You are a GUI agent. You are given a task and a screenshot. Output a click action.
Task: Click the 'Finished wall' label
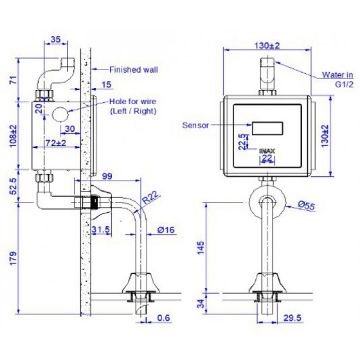[133, 70]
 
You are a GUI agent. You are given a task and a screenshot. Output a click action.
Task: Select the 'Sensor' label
[195, 125]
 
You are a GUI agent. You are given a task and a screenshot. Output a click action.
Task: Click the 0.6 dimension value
[164, 317]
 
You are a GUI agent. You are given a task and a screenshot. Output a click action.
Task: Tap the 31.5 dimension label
[101, 230]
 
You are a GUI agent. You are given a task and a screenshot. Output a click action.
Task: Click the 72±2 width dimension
[56, 143]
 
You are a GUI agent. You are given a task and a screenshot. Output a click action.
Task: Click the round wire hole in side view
[60, 116]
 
